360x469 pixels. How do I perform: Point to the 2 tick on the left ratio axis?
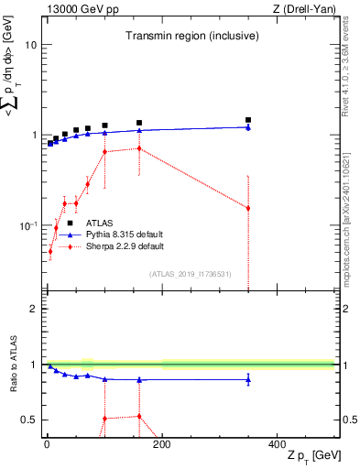click(x=34, y=309)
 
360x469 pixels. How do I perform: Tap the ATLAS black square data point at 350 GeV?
click(x=248, y=120)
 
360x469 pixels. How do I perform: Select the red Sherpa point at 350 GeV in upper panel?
click(x=248, y=208)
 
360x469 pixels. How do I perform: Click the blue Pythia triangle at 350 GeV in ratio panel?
click(x=248, y=379)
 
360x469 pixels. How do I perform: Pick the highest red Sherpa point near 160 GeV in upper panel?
click(x=139, y=148)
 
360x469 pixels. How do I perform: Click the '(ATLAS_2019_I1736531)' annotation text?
click(x=191, y=274)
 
